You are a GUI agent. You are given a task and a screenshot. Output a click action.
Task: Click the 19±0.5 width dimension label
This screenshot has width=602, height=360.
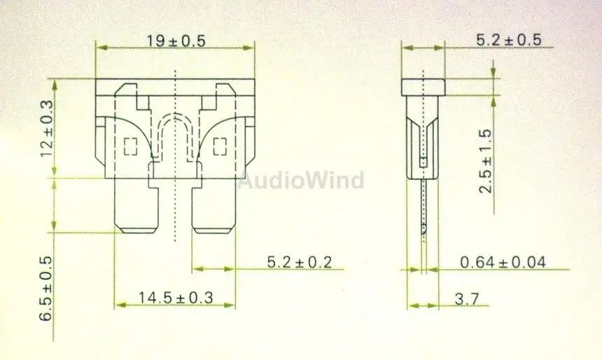pyautogui.click(x=176, y=41)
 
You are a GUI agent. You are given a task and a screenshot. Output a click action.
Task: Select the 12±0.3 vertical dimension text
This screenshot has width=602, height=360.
pyautogui.click(x=47, y=128)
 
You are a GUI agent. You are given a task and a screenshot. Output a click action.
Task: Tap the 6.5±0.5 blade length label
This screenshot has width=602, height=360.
pyautogui.click(x=45, y=289)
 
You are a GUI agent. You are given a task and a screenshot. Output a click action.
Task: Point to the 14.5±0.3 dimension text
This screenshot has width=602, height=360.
pyautogui.click(x=176, y=298)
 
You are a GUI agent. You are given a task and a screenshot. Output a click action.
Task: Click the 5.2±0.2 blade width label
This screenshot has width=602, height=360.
pyautogui.click(x=299, y=262)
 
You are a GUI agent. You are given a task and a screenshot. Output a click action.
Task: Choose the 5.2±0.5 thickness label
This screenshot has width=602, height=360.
pyautogui.click(x=509, y=40)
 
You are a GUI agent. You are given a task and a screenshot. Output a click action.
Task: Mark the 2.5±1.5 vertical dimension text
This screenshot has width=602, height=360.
pyautogui.click(x=486, y=160)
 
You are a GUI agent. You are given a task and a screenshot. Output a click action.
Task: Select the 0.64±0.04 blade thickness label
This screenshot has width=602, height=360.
pyautogui.click(x=503, y=263)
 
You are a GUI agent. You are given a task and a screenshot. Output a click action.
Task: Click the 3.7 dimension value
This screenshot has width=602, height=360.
pyautogui.click(x=467, y=298)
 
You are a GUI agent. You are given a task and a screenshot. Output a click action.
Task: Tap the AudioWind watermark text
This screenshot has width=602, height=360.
pyautogui.click(x=300, y=180)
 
